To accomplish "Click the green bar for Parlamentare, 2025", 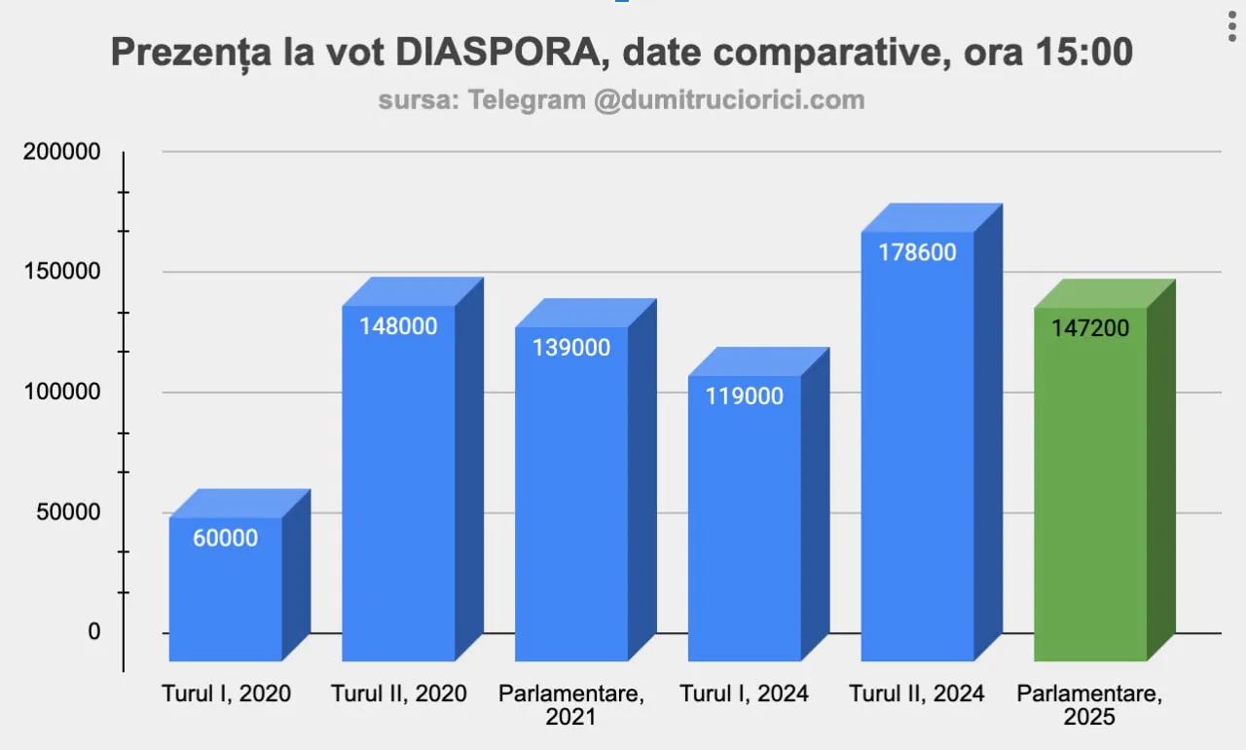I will click(x=1090, y=487).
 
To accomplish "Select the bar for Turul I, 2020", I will click(x=226, y=594).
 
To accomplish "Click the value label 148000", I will click(x=398, y=326).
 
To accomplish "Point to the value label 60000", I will click(x=225, y=538).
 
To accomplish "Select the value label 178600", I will click(x=917, y=252).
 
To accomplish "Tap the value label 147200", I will click(x=1090, y=328).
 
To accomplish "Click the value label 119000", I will click(x=744, y=396).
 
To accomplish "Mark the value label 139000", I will click(x=571, y=348).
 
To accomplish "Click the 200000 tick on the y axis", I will click(x=61, y=152).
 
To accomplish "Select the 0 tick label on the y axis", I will click(x=94, y=632).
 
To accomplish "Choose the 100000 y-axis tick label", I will click(x=61, y=392).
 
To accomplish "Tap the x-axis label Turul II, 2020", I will click(x=399, y=694).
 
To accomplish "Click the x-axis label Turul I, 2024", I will click(x=744, y=694).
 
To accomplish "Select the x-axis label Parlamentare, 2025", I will click(x=1090, y=705).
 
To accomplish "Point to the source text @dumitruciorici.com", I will click(x=729, y=100).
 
